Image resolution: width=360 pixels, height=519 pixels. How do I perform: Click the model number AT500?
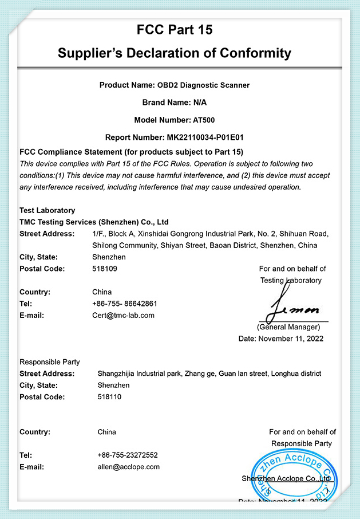click(x=205, y=120)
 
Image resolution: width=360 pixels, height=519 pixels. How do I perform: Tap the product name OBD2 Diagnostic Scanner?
click(x=203, y=85)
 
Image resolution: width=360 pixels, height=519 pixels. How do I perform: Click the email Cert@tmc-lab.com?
click(x=123, y=315)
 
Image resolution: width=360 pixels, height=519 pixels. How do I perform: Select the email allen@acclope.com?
click(x=129, y=467)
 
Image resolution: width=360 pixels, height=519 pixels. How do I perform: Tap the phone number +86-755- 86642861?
click(x=125, y=304)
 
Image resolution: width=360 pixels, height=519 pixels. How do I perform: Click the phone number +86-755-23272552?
click(x=128, y=455)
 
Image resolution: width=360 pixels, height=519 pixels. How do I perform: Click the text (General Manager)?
click(x=288, y=327)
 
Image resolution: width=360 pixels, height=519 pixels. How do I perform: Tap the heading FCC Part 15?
click(x=175, y=30)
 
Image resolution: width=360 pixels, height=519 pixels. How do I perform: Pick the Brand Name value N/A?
click(x=200, y=103)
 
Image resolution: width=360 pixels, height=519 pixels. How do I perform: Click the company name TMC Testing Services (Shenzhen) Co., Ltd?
click(x=94, y=222)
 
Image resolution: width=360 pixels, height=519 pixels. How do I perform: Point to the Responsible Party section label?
click(x=50, y=362)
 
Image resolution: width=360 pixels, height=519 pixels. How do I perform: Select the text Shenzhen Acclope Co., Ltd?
click(x=286, y=478)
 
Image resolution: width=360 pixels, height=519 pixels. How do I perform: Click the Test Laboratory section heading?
click(x=47, y=210)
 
